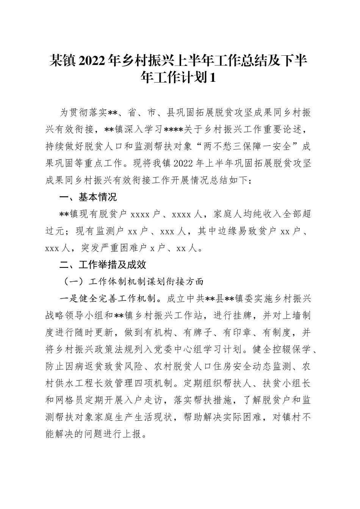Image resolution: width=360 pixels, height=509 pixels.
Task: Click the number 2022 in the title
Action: [94, 61]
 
